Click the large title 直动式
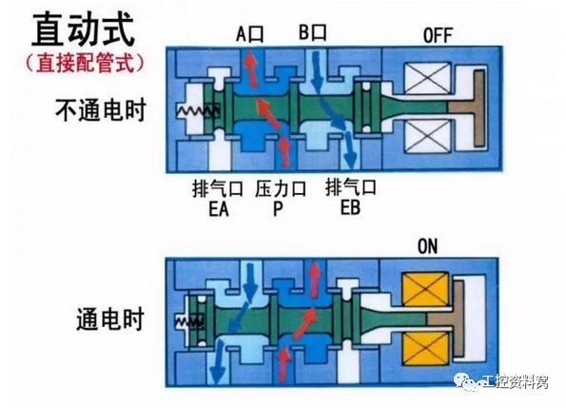point(84,29)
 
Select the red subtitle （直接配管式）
point(85,63)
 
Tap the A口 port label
point(250,34)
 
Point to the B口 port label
point(313,32)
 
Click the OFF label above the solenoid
point(438,36)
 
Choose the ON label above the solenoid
point(427,247)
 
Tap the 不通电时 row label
point(101,110)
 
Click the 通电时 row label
point(110,319)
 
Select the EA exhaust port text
point(219,209)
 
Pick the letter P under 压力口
point(278,208)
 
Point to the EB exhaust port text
point(350,207)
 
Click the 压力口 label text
point(281,188)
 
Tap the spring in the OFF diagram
point(198,111)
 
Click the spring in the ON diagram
point(189,320)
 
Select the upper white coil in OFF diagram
point(427,78)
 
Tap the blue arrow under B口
point(317,72)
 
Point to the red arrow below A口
point(251,69)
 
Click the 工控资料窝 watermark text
point(515,382)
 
